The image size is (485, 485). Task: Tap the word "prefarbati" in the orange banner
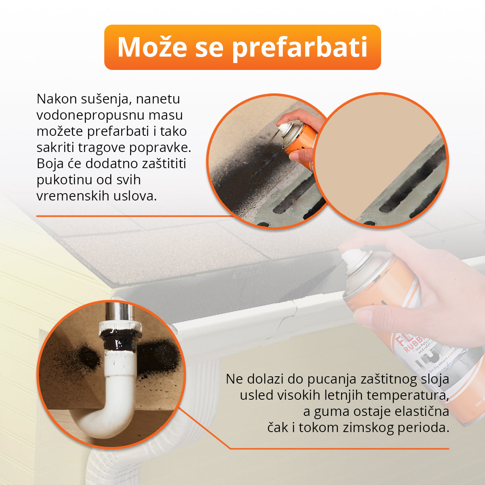click(299, 47)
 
